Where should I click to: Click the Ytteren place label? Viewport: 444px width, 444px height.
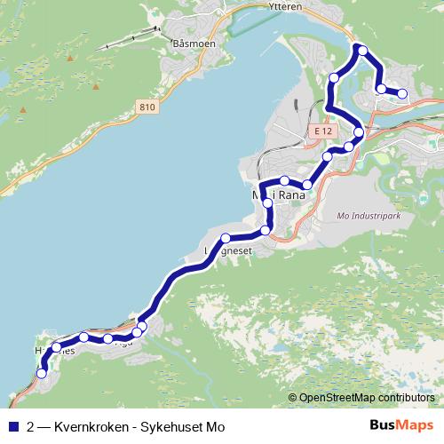point(285,5)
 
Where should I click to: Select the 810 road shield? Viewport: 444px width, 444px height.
point(147,107)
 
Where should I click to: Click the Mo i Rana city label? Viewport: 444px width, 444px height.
point(279,194)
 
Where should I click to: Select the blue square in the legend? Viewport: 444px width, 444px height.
point(12,426)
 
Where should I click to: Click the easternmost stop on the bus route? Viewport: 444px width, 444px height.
point(402,93)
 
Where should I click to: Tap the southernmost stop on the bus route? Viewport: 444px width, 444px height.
point(41,374)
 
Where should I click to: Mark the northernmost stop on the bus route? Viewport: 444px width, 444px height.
point(361,49)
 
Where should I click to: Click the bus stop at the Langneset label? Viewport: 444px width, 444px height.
point(226,237)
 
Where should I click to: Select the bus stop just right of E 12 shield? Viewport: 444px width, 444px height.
point(359,132)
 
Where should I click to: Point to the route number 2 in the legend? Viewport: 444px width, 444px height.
point(31,427)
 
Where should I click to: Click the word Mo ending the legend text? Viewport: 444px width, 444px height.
point(215,427)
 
